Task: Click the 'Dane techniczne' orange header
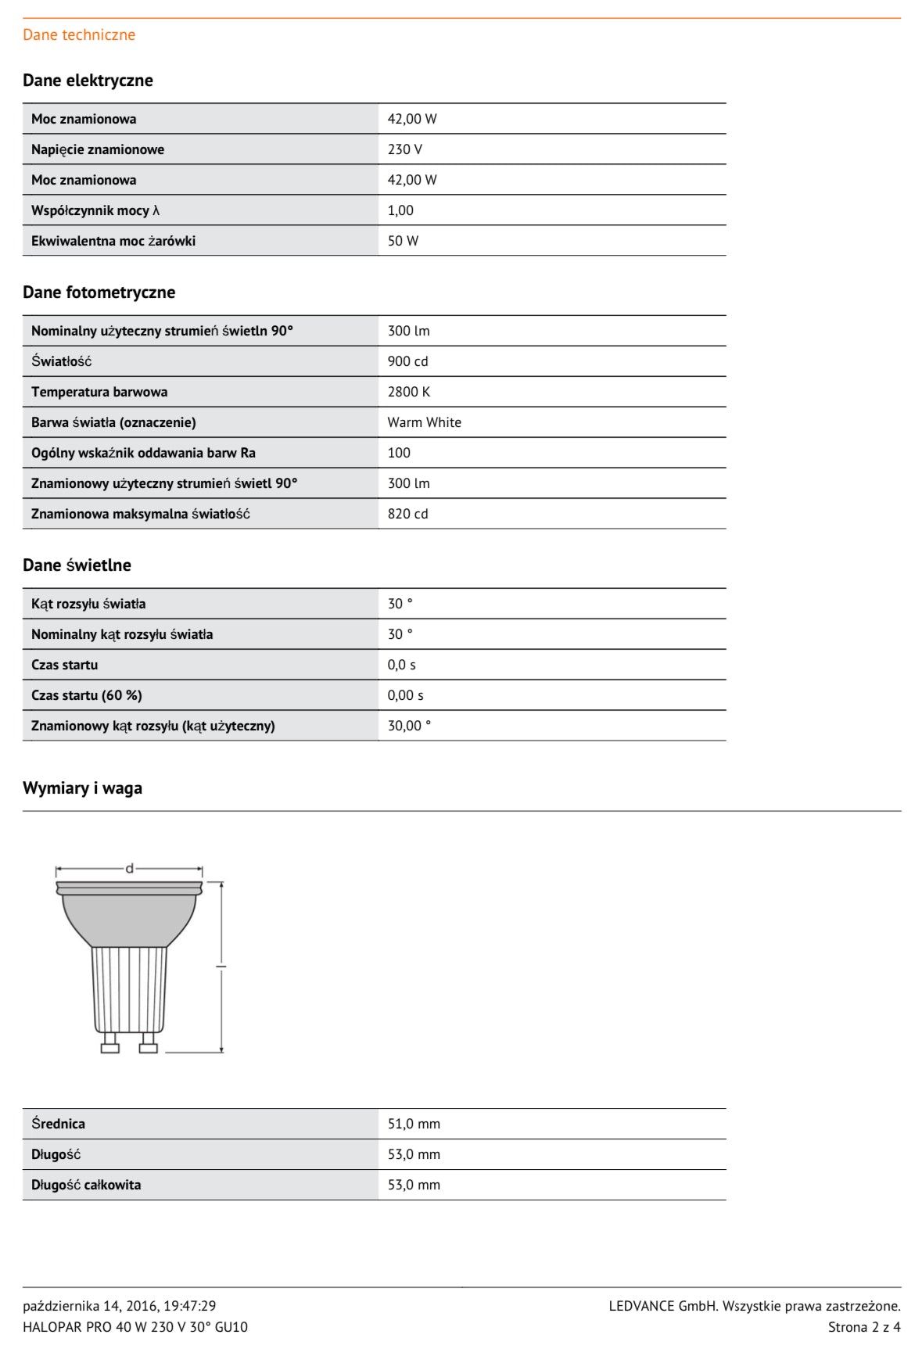click(x=79, y=34)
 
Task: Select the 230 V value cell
click(x=405, y=149)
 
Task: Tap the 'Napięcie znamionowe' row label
click(x=98, y=149)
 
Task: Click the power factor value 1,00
click(x=400, y=210)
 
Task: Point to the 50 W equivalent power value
click(x=403, y=241)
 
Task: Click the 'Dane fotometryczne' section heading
click(x=99, y=292)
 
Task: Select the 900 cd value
click(x=407, y=361)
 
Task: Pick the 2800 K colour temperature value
click(x=408, y=392)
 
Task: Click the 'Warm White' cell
click(x=424, y=422)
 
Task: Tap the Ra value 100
click(x=399, y=453)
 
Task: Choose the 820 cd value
click(x=407, y=514)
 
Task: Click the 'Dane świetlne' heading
click(x=77, y=565)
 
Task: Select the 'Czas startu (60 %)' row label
click(x=87, y=695)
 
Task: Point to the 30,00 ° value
click(x=409, y=726)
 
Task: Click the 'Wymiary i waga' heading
click(x=82, y=788)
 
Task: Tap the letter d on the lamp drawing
click(x=130, y=868)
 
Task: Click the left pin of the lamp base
click(x=110, y=1043)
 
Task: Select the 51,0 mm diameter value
click(x=414, y=1124)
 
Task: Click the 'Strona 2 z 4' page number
click(x=864, y=1327)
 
